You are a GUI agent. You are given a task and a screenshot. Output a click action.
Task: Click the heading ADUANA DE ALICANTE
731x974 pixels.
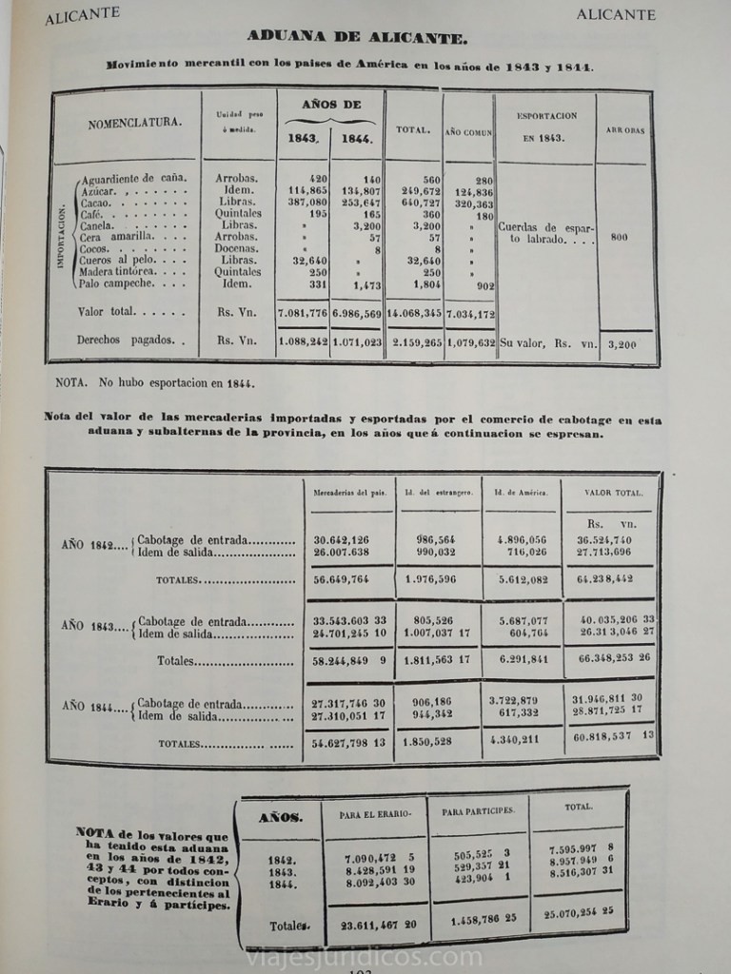[x=357, y=37]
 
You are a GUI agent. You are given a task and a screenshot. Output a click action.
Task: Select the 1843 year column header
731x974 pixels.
[x=304, y=139]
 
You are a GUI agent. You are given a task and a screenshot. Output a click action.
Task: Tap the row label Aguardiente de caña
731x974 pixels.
[x=134, y=178]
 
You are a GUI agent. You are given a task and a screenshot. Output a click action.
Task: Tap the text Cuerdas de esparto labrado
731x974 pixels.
[x=545, y=234]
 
